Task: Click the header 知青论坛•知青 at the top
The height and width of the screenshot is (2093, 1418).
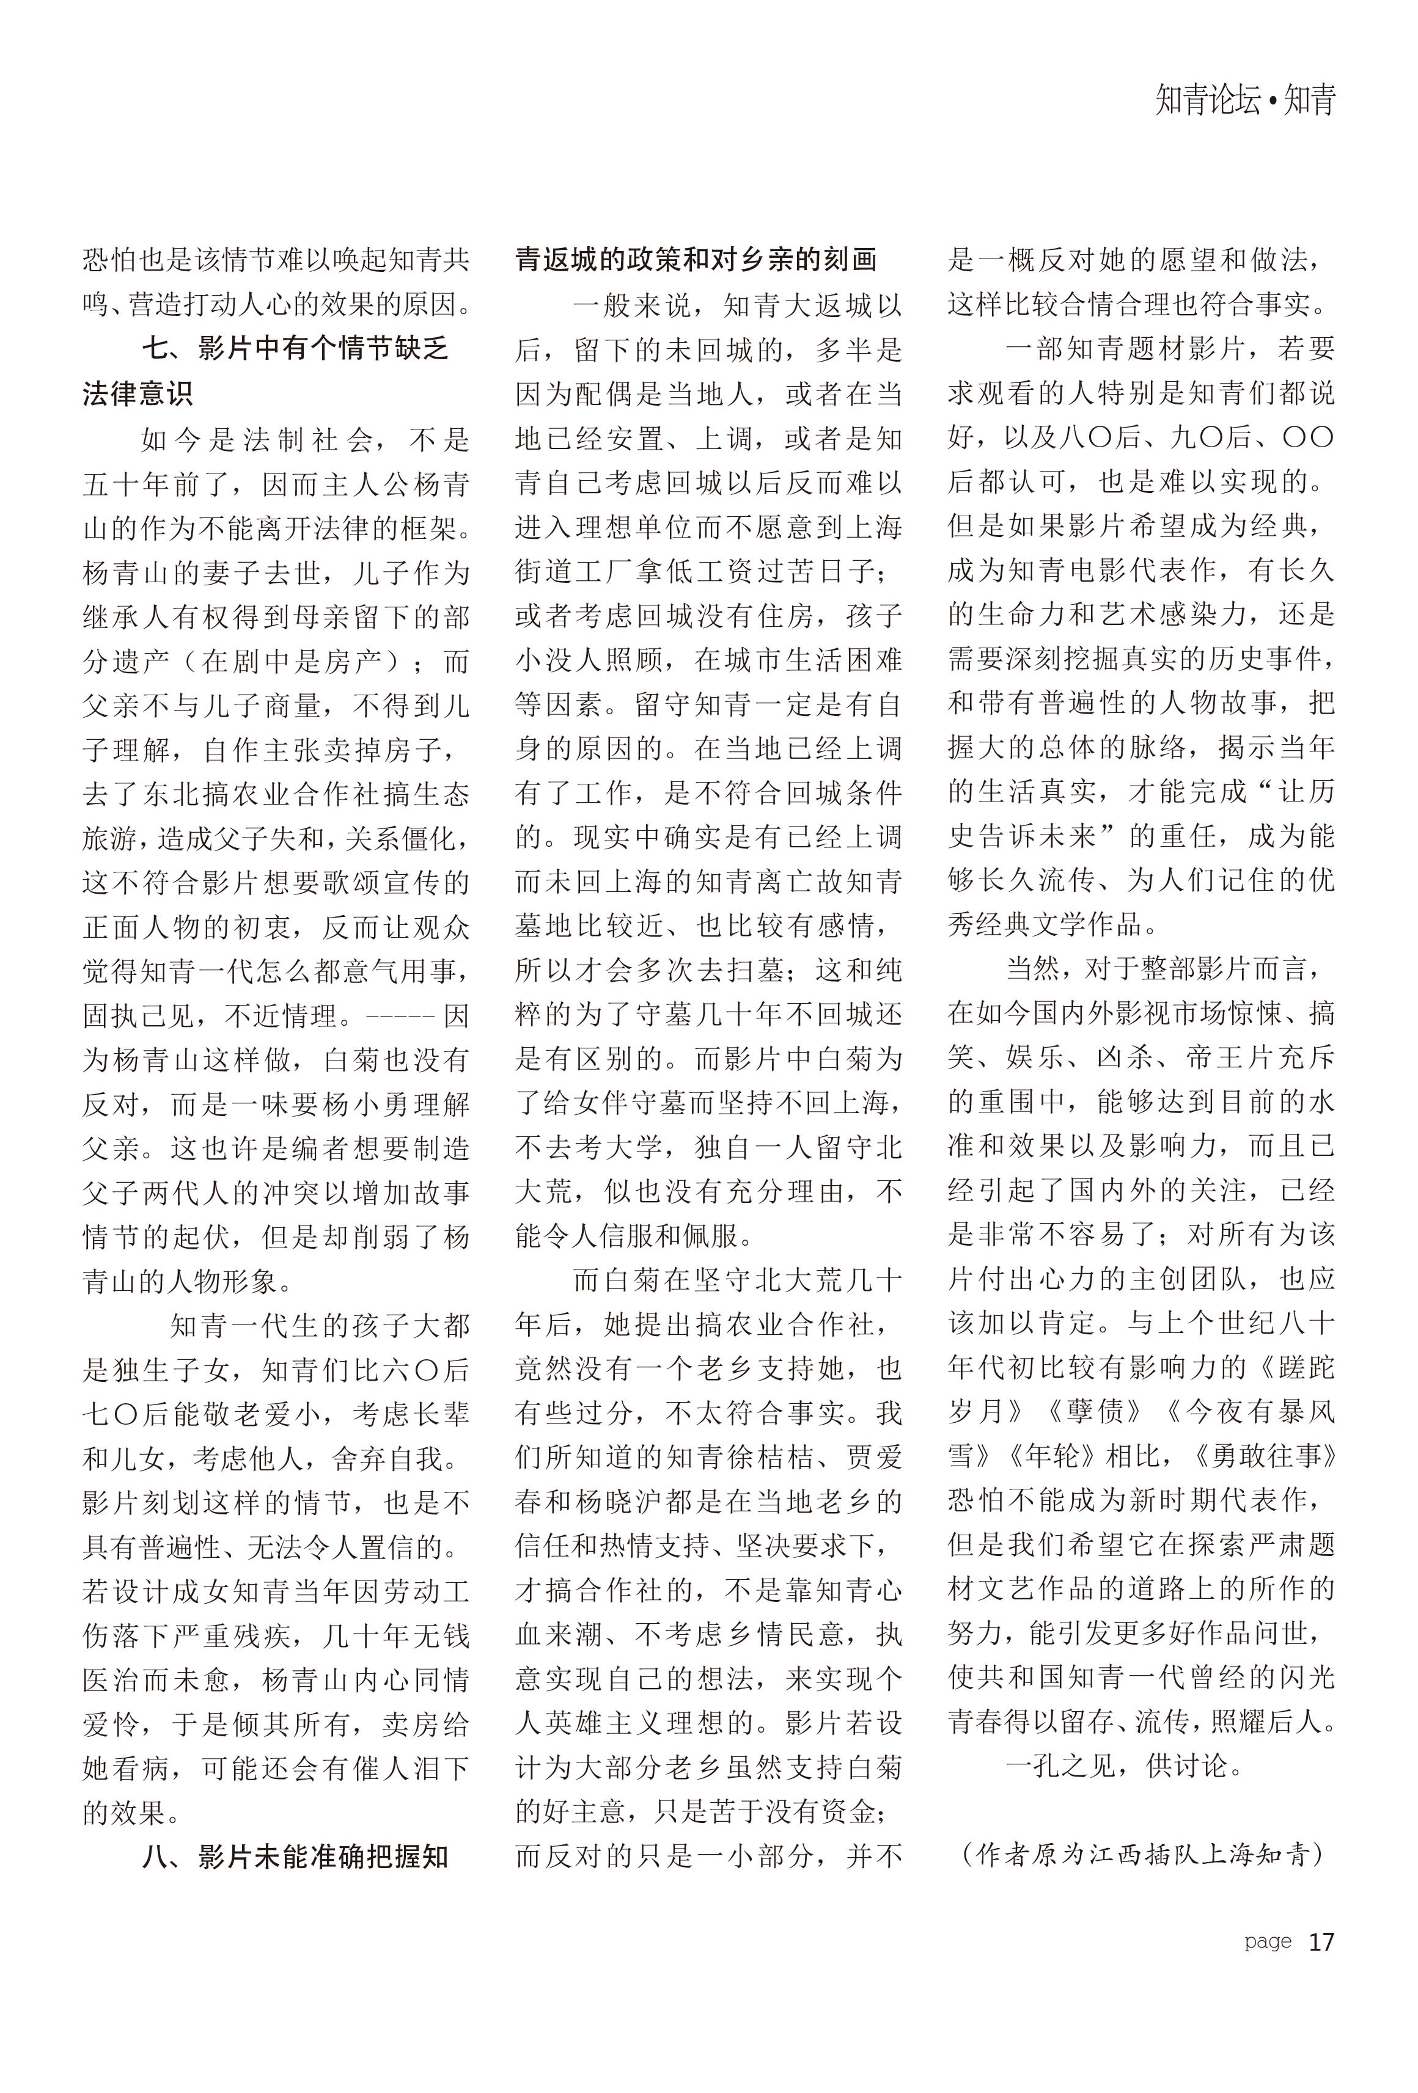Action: [1244, 100]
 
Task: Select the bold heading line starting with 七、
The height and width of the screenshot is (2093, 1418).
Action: [295, 349]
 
